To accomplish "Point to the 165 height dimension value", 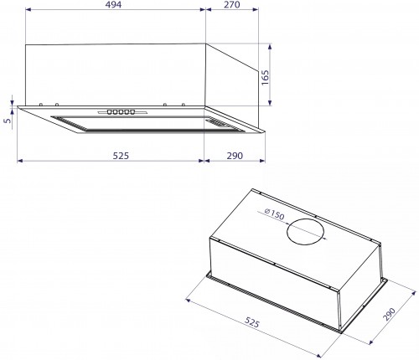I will (x=266, y=79).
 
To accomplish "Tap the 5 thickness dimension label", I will (x=6, y=120).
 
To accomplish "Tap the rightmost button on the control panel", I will (x=133, y=111).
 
